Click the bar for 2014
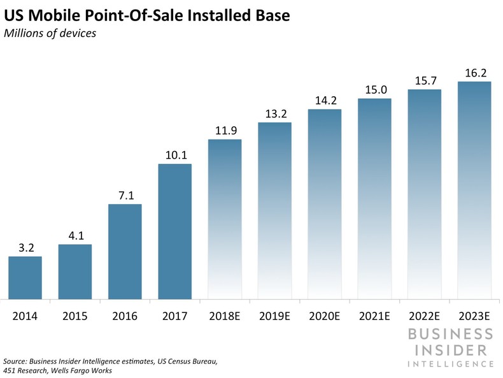[25, 277]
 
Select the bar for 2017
[174, 231]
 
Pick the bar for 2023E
[474, 190]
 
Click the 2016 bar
[125, 251]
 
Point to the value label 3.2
[25, 246]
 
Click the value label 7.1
[125, 194]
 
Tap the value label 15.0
[374, 88]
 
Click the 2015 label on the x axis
[75, 315]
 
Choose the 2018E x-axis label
[225, 315]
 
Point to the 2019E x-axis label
[274, 315]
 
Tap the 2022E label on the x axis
[424, 315]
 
